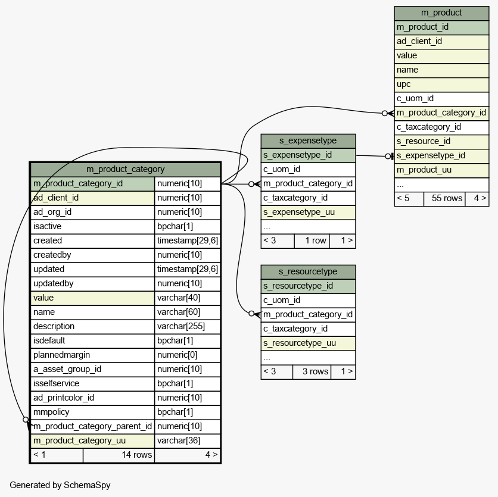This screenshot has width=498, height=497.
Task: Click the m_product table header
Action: tap(441, 12)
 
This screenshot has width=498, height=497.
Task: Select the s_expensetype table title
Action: tap(308, 141)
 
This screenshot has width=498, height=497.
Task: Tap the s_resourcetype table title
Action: tap(308, 272)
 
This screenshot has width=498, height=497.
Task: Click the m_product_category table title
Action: tap(125, 169)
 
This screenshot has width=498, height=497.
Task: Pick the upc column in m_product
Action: tap(441, 85)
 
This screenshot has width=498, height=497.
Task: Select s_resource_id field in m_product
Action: tap(441, 142)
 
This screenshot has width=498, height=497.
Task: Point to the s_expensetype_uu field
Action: tap(308, 212)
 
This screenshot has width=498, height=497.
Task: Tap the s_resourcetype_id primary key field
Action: tap(308, 286)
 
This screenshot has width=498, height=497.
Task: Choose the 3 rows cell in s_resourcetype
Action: tap(310, 372)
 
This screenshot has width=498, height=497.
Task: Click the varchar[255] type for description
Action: tap(187, 326)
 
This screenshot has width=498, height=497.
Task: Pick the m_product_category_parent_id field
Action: tap(92, 426)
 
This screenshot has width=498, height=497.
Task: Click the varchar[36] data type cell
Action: tap(187, 440)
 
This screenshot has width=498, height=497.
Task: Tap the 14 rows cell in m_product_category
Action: tap(119, 455)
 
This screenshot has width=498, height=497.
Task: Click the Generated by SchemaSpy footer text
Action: tap(60, 485)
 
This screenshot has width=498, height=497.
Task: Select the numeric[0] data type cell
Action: tap(187, 355)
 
